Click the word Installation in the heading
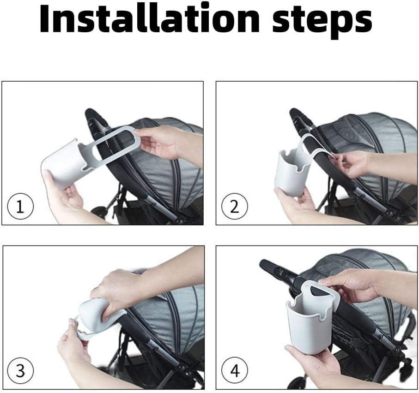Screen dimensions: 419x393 pos(150,19)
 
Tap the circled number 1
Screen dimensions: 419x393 pos(20,207)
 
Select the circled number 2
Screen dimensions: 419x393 pos(235,207)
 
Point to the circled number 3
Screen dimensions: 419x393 pos(20,371)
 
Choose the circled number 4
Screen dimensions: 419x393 pos(235,371)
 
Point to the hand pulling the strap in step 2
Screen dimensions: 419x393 pos(355,166)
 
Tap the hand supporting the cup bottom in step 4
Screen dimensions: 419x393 pos(310,360)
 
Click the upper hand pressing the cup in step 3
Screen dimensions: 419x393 pos(118,291)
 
